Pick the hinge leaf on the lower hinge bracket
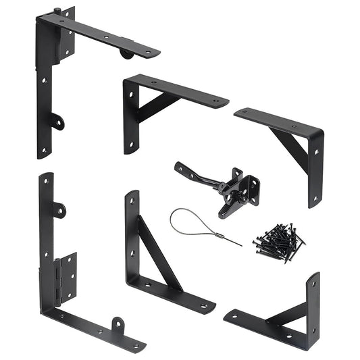point(66,278)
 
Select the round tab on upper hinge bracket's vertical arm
point(58,123)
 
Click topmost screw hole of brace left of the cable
point(132,203)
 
